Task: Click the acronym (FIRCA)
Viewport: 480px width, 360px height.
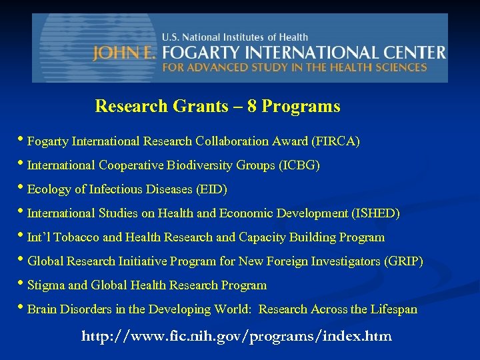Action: click(x=336, y=141)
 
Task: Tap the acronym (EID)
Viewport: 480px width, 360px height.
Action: click(x=211, y=189)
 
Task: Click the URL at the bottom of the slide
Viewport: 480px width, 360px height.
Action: click(x=237, y=336)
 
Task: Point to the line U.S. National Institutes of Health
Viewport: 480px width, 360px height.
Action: click(x=235, y=37)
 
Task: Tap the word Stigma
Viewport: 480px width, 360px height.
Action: click(x=46, y=285)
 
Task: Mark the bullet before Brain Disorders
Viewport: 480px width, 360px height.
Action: click(x=22, y=309)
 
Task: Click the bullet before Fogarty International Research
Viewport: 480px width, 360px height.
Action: click(x=22, y=141)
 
